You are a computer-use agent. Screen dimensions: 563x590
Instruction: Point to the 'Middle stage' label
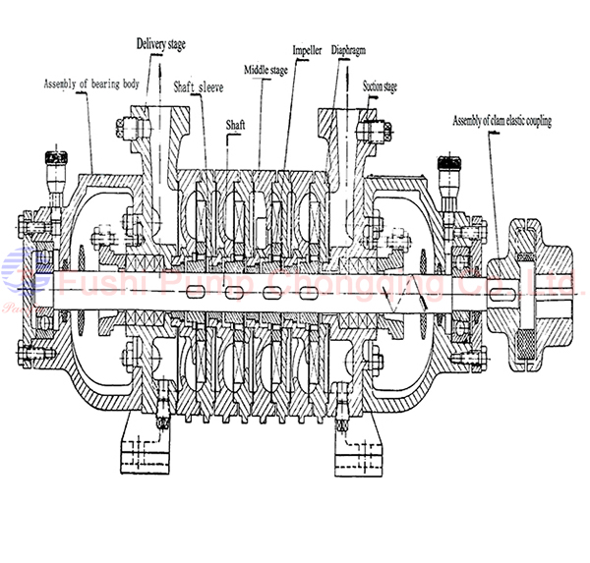[x=265, y=70]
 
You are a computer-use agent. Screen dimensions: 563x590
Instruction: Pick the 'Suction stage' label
[x=380, y=86]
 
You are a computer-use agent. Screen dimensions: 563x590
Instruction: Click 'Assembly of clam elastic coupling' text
[x=501, y=121]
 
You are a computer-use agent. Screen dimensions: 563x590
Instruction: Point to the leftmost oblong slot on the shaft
[x=206, y=292]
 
